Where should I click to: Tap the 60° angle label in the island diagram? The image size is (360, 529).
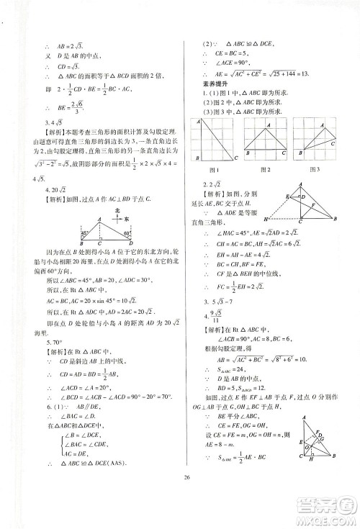pyautogui.click(x=127, y=232)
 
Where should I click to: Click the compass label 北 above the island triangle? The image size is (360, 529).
pyautogui.click(x=117, y=210)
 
